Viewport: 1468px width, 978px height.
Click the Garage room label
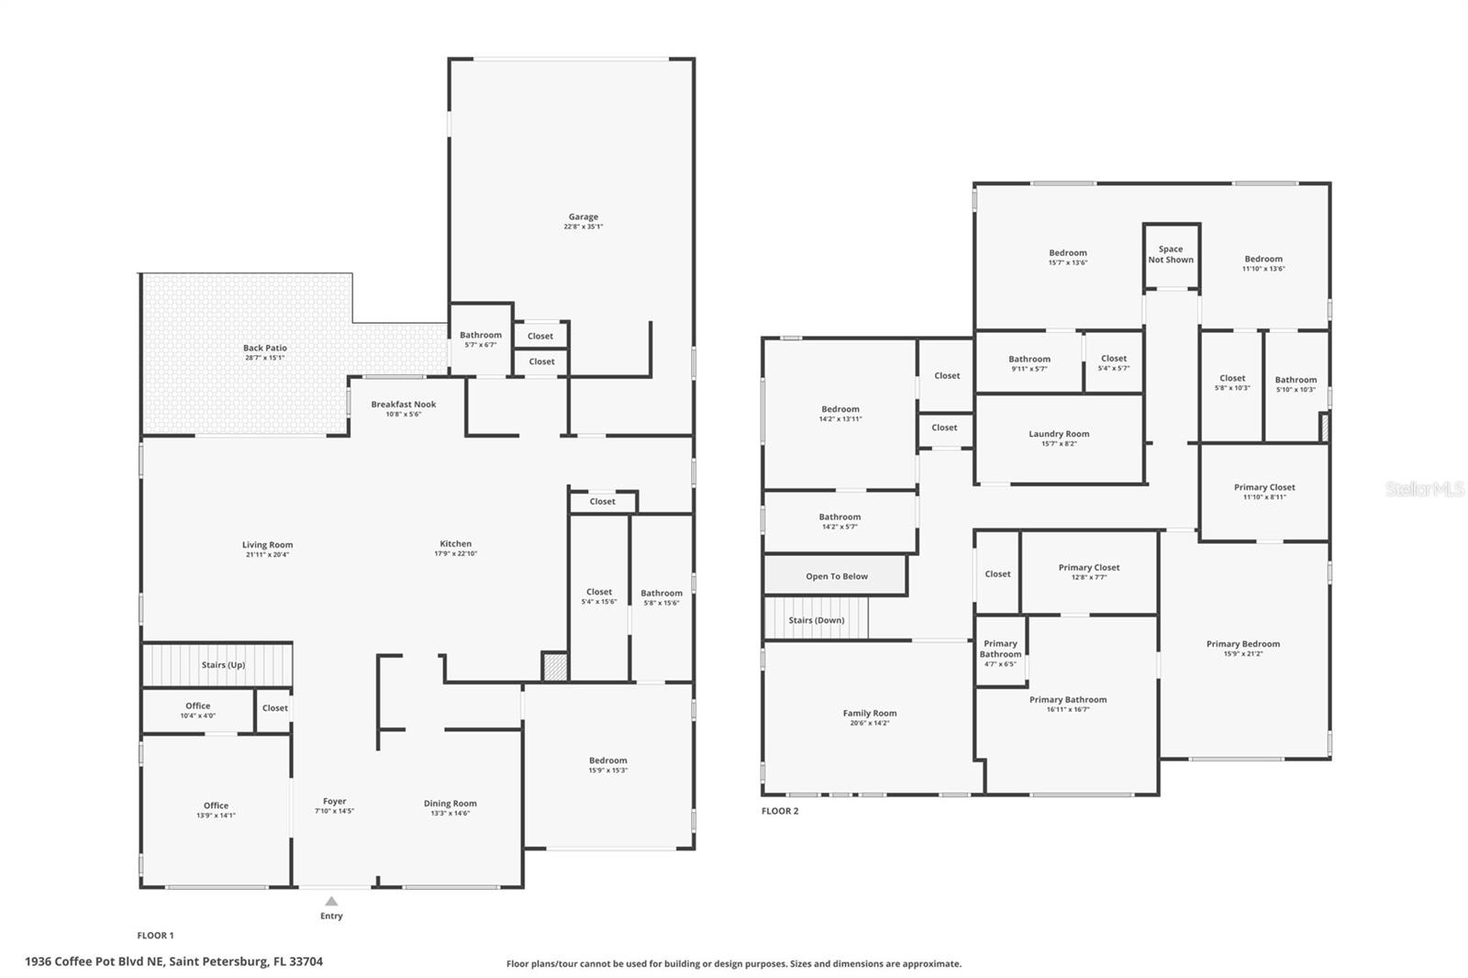click(x=583, y=221)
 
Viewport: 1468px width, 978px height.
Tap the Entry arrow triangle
click(x=331, y=902)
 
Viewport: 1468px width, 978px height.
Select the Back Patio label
click(x=264, y=352)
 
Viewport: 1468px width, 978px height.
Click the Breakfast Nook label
click(x=403, y=408)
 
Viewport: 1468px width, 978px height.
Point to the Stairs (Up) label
click(x=223, y=665)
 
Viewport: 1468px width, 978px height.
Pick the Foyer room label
click(x=334, y=806)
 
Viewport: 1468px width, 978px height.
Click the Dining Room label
click(x=450, y=807)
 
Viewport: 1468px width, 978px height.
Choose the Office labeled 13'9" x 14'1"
click(x=216, y=810)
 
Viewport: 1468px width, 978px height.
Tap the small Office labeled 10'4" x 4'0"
click(x=197, y=710)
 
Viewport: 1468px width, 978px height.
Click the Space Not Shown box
click(x=1171, y=254)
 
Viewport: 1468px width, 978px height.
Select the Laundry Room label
click(x=1059, y=438)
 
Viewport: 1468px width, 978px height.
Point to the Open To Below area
click(x=836, y=576)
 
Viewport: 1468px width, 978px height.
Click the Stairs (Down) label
click(x=816, y=620)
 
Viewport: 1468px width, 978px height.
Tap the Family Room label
click(x=869, y=717)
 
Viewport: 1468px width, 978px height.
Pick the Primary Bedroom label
click(x=1242, y=648)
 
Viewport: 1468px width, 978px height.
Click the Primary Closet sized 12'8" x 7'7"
click(x=1088, y=572)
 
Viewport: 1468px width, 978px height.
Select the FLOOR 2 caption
click(x=780, y=811)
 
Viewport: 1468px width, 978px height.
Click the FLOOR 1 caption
click(x=155, y=936)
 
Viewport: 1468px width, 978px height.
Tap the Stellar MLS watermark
click(x=1424, y=490)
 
